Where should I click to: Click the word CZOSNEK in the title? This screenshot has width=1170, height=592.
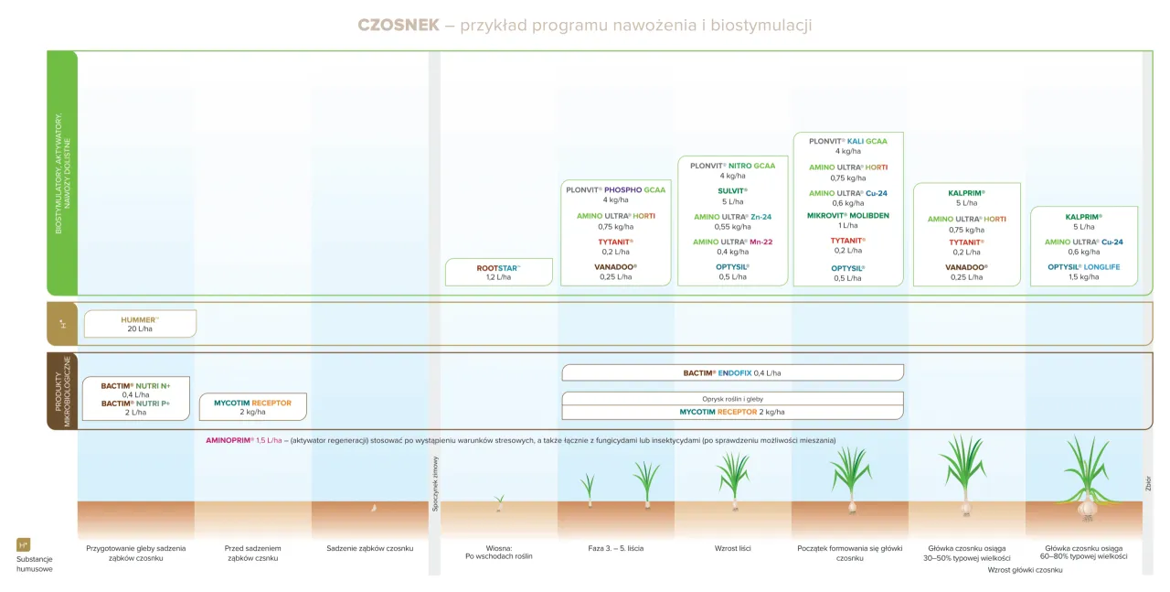(x=399, y=25)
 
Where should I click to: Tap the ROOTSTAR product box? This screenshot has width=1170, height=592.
(x=499, y=272)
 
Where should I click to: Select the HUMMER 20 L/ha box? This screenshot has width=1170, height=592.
(x=140, y=324)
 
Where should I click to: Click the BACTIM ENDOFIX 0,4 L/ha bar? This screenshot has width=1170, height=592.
(x=732, y=372)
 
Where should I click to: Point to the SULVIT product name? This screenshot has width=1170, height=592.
(x=732, y=190)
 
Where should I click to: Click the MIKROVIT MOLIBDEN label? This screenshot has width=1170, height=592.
(x=847, y=216)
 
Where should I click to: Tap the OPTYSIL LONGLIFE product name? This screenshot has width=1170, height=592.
(x=1083, y=267)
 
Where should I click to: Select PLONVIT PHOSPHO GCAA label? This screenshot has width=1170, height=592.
(x=615, y=190)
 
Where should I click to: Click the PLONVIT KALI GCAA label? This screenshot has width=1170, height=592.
(x=847, y=142)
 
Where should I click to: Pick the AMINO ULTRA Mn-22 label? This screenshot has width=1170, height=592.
(x=732, y=242)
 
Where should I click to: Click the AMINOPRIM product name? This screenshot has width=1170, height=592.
(x=229, y=440)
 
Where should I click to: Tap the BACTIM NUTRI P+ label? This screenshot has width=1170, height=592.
(x=135, y=404)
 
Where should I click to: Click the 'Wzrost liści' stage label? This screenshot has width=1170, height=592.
(x=732, y=548)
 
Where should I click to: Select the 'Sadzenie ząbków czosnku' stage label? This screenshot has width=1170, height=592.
(x=369, y=548)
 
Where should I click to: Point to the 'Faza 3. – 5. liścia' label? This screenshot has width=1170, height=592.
(x=615, y=548)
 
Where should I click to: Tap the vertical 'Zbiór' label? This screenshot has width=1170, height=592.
(x=1148, y=485)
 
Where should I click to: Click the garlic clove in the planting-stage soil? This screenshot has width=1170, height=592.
(x=373, y=506)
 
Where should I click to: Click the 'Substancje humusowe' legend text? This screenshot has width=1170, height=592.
(x=35, y=564)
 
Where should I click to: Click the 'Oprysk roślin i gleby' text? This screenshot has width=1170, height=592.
(x=732, y=399)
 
